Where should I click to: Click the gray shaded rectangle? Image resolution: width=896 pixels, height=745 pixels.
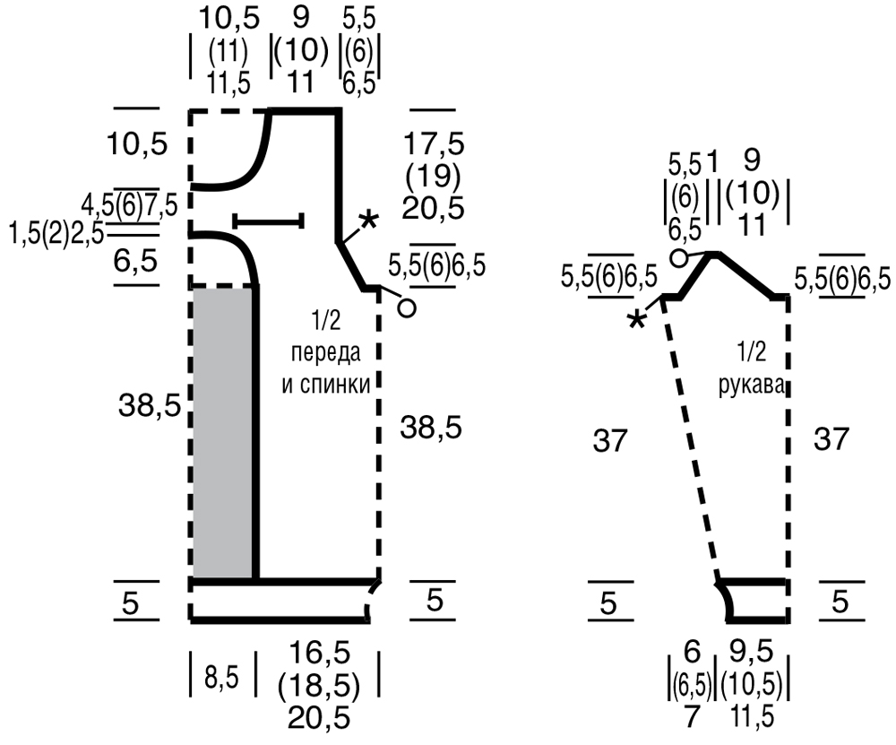(223, 433)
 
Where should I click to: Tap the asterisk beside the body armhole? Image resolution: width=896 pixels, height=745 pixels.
(369, 221)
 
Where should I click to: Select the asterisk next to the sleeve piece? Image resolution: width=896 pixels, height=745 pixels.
(636, 320)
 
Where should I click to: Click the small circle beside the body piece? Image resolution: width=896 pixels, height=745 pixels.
(406, 308)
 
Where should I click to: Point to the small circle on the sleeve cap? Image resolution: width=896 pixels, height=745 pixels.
(678, 258)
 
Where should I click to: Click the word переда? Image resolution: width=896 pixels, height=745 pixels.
(326, 352)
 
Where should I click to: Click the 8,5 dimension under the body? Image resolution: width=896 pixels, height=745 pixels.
(221, 679)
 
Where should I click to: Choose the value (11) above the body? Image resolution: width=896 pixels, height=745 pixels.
(228, 53)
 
